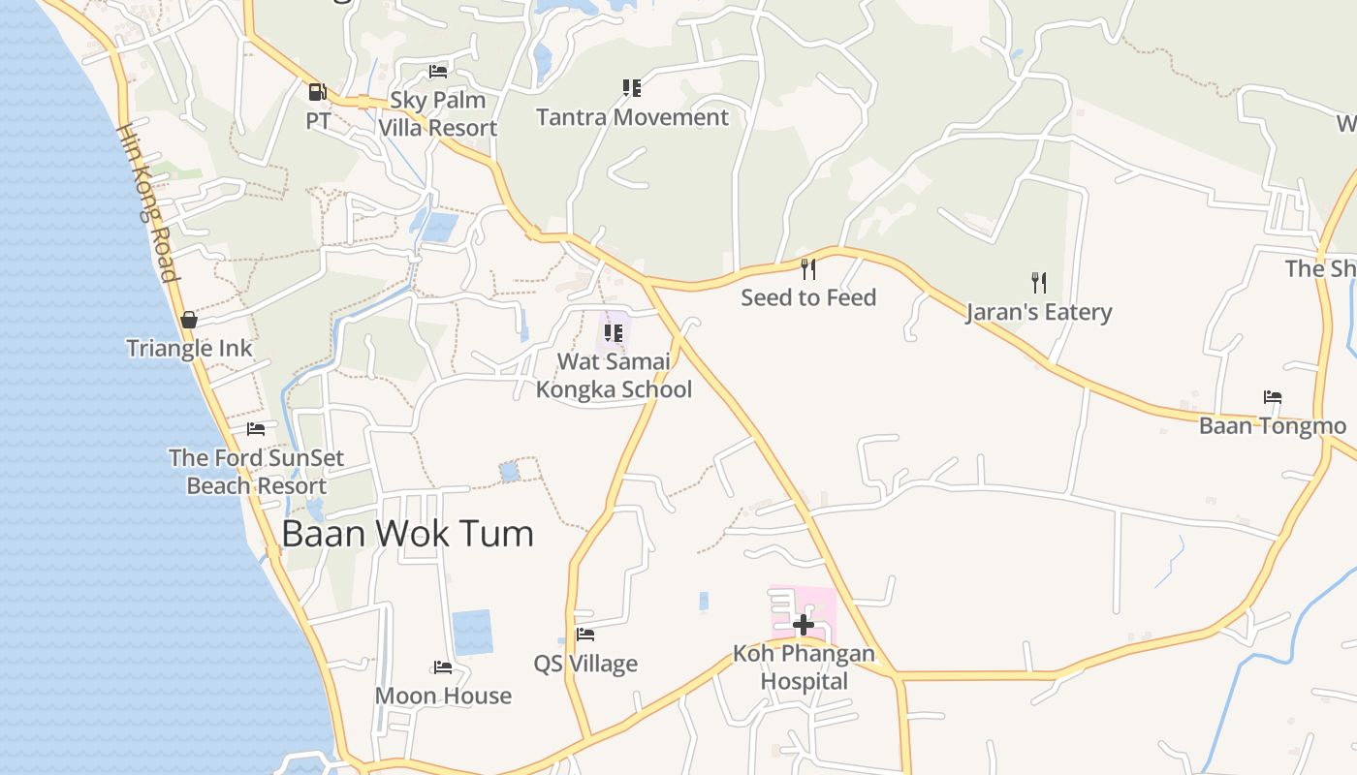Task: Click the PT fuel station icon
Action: pos(317,92)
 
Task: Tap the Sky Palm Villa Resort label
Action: pos(437,114)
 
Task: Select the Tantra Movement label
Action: pos(632,117)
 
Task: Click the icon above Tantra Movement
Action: pos(632,88)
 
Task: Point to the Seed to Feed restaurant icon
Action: pos(808,268)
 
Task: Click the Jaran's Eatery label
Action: pos(1038,312)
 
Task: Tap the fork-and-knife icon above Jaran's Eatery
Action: pos(1039,282)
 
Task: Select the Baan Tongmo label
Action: pos(1273,426)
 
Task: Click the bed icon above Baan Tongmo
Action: pos(1273,397)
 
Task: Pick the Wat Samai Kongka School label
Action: pos(614,376)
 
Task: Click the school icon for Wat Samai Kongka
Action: pos(614,333)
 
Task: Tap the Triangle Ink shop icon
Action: pos(189,320)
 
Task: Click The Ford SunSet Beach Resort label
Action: pos(257,472)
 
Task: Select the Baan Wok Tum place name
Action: pos(407,534)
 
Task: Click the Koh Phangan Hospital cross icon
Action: pos(804,625)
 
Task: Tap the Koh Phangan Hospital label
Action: pos(804,667)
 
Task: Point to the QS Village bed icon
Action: pos(585,635)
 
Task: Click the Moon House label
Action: pos(443,696)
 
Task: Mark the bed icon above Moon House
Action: pos(443,666)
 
